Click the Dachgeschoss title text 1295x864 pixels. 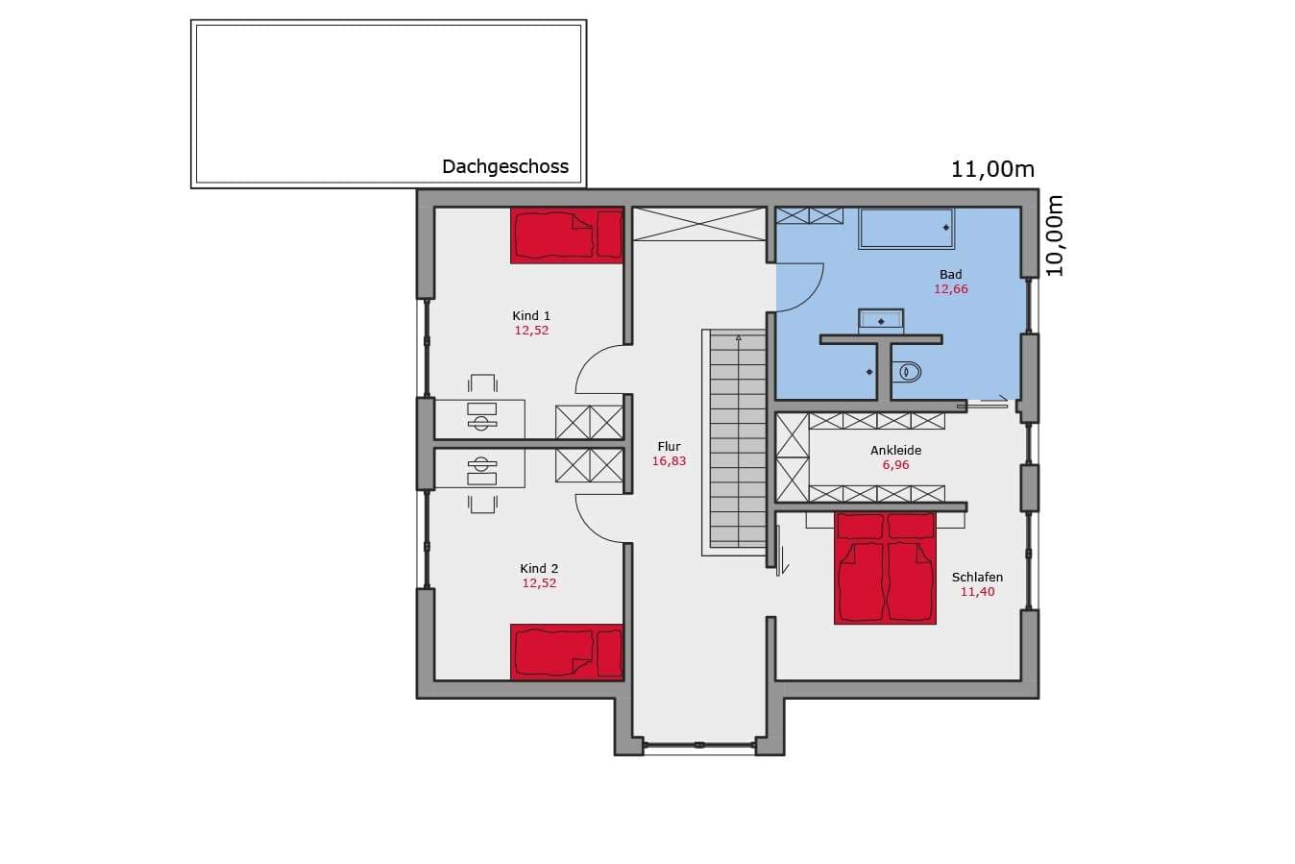pos(505,167)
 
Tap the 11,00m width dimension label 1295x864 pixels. pos(992,169)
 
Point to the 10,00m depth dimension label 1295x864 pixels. pos(1055,236)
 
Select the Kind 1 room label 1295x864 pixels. pos(531,316)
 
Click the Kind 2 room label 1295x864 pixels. pos(539,569)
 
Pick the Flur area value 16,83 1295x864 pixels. pos(669,461)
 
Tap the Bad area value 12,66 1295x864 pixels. pos(950,289)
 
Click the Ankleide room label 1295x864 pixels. pos(895,450)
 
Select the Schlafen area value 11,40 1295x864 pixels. pos(978,592)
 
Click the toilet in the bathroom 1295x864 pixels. pos(907,371)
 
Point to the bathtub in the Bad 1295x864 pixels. pos(906,229)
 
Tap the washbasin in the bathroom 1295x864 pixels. pos(881,321)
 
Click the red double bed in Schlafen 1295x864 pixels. pos(885,568)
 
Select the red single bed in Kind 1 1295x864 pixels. pos(567,235)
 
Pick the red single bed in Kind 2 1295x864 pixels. pos(567,652)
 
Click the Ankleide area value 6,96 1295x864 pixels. pos(895,465)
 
